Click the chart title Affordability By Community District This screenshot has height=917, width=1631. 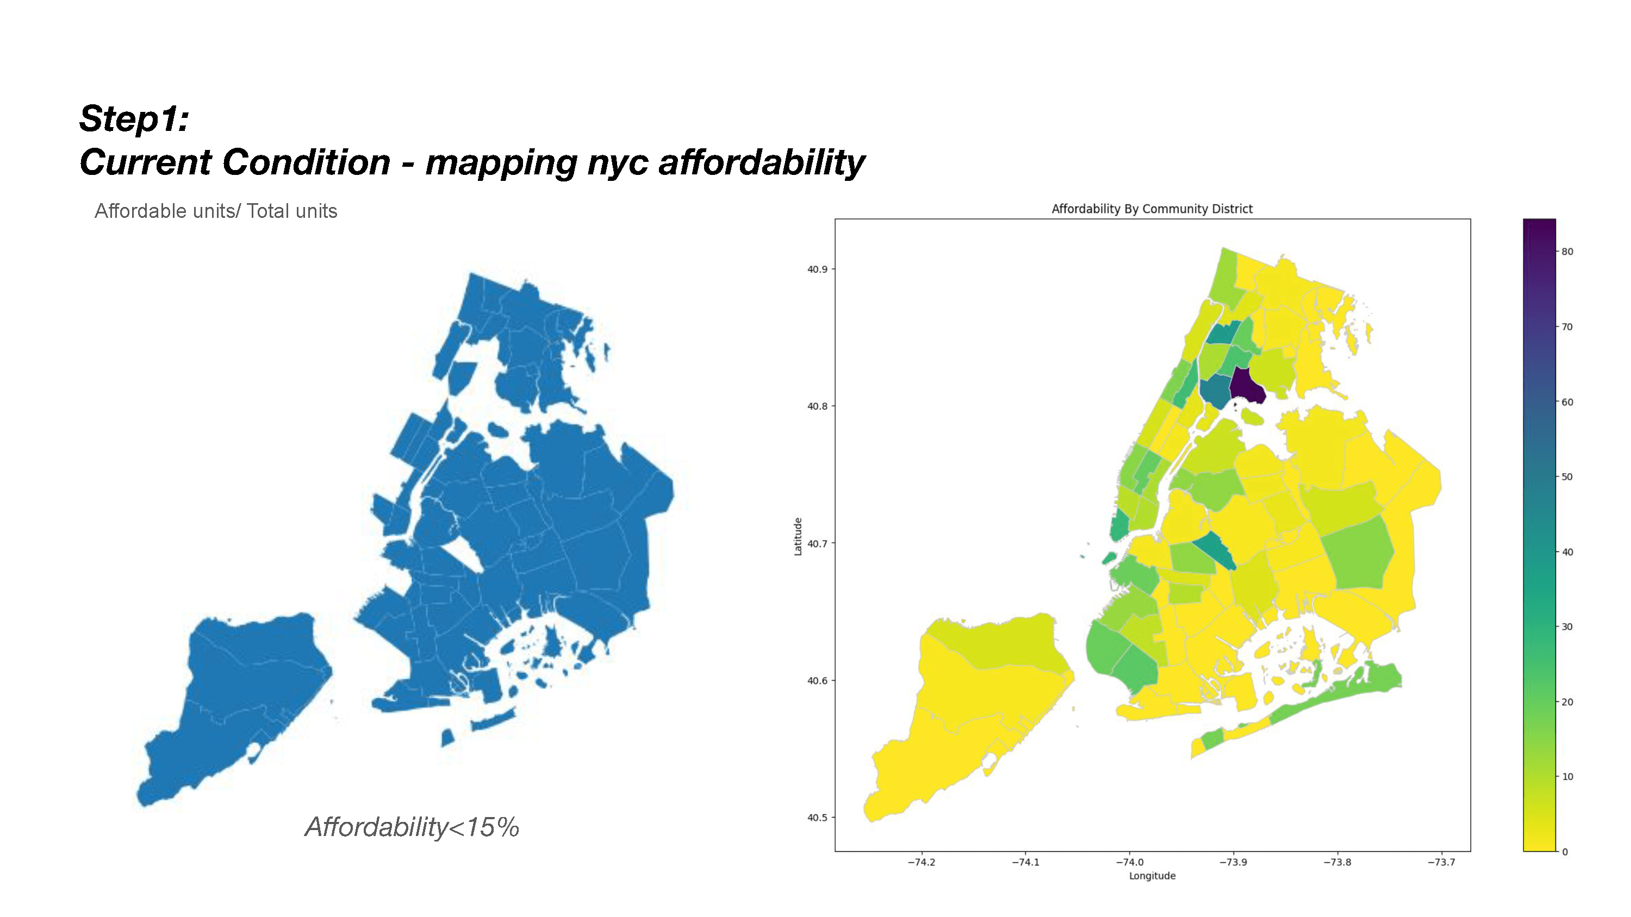tap(1151, 209)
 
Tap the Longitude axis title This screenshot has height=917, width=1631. tap(1151, 876)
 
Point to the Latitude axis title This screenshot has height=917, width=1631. tap(798, 537)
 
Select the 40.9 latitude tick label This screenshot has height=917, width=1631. tap(817, 269)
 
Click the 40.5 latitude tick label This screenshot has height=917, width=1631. tap(817, 818)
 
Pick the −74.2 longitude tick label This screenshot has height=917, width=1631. tap(920, 862)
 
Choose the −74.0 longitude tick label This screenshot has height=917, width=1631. tap(1129, 862)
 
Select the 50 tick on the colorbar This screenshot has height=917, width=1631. tap(1567, 477)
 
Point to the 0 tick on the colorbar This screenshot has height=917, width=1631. tap(1565, 852)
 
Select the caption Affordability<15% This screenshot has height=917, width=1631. tap(412, 827)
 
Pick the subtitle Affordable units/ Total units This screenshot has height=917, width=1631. tap(215, 211)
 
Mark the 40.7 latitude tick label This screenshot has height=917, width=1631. tap(817, 544)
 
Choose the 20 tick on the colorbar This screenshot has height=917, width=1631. tap(1567, 702)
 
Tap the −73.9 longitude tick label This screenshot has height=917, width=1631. tap(1232, 862)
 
